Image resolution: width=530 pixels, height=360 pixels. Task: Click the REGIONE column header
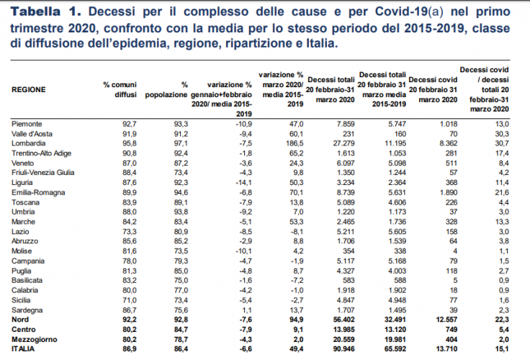[30, 90]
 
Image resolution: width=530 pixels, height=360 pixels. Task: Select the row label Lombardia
[30, 144]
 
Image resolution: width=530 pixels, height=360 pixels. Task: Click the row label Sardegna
[29, 308]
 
